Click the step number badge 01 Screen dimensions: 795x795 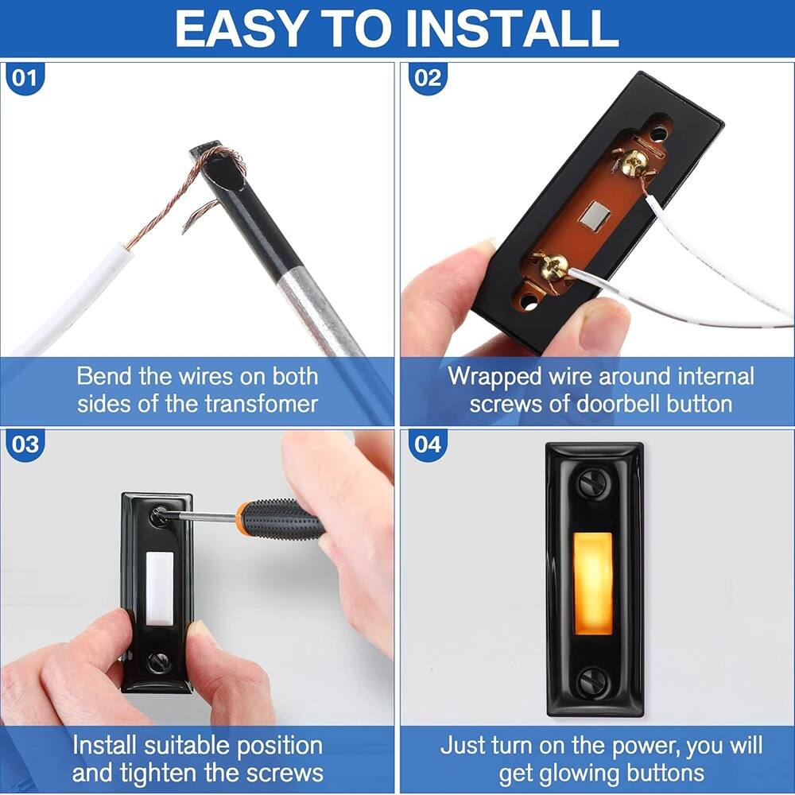[25, 78]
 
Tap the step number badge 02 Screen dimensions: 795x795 [427, 78]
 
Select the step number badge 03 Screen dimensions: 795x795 [25, 444]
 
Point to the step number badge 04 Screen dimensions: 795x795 [427, 444]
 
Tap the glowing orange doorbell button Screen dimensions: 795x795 [593, 584]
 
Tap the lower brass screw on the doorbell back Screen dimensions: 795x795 [553, 265]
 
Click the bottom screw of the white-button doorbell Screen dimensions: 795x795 [158, 661]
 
